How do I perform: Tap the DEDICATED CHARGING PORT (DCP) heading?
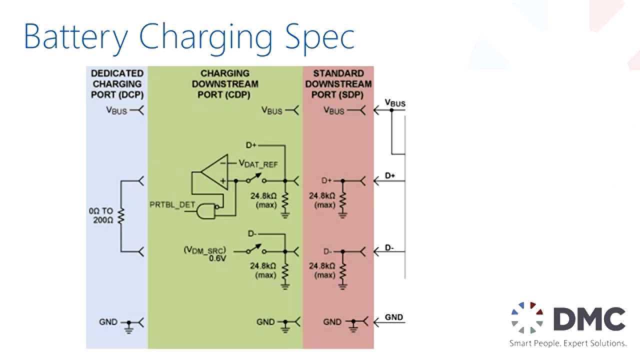pyautogui.click(x=117, y=84)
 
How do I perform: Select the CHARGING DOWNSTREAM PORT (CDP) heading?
pyautogui.click(x=225, y=84)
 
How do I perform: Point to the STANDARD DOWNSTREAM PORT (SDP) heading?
pyautogui.click(x=338, y=84)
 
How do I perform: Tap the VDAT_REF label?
pyautogui.click(x=258, y=163)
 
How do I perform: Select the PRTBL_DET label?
pyautogui.click(x=166, y=204)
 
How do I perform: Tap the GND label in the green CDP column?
pyautogui.click(x=265, y=322)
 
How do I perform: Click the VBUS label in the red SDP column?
pyautogui.click(x=334, y=110)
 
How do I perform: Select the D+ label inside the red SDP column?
pyautogui.click(x=326, y=180)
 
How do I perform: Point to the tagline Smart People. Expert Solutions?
pyautogui.click(x=568, y=343)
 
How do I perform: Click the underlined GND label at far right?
pyautogui.click(x=394, y=317)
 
